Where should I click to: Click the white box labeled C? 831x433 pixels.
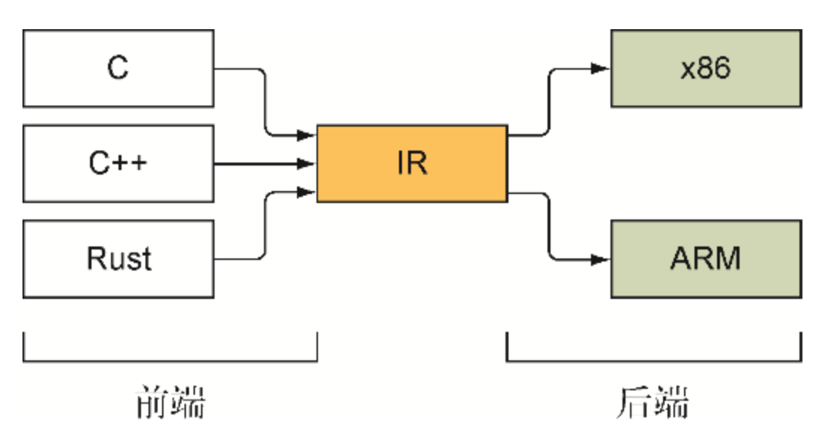point(118,68)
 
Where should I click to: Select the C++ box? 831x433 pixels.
point(118,163)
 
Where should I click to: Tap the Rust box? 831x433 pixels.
point(118,258)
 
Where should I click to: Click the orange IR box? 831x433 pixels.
point(412,163)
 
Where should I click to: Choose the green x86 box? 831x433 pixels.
point(706,68)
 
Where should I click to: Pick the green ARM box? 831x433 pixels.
point(706,258)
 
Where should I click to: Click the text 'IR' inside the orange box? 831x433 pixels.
point(412,163)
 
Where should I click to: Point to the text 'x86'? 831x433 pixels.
point(706,68)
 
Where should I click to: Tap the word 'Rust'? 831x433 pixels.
point(118,258)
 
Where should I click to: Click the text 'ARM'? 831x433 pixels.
point(706,258)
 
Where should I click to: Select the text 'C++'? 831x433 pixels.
point(118,163)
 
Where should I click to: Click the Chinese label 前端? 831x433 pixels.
point(170,403)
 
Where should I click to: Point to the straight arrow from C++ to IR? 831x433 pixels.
point(262,163)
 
